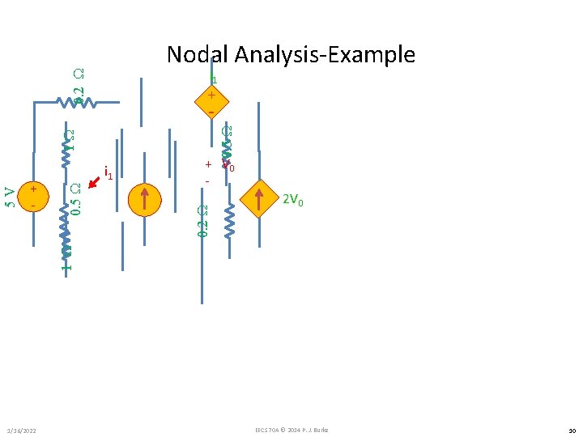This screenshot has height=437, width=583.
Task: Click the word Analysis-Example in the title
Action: (x=324, y=54)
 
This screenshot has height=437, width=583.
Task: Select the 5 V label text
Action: (x=10, y=197)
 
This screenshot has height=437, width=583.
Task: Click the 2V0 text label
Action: (x=293, y=201)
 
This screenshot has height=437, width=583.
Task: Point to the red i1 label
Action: (x=107, y=172)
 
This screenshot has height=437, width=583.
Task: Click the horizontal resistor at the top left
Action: (x=77, y=103)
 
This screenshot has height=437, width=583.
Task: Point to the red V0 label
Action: (x=229, y=167)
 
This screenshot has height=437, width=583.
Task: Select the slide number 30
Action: (x=569, y=429)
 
